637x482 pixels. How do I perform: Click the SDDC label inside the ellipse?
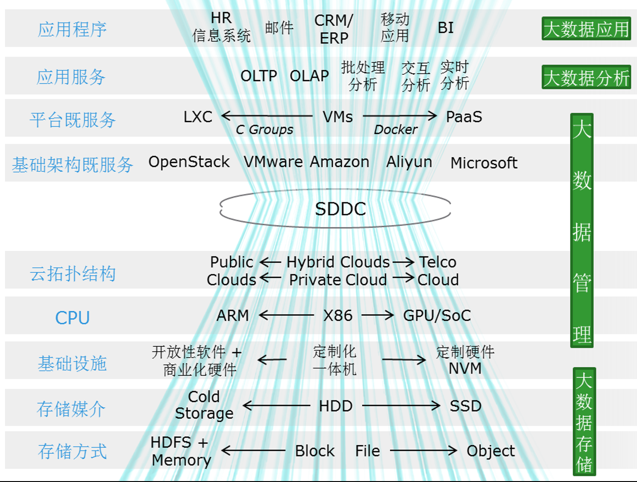pos(340,209)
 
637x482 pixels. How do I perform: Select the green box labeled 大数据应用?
pos(586,29)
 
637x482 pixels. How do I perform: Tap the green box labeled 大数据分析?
pos(586,77)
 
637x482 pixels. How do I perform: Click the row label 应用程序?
pos(72,30)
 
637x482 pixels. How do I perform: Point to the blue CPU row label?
pos(72,318)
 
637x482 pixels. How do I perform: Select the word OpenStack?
pos(189,162)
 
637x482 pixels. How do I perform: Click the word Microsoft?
pos(483,163)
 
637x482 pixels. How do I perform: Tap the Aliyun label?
pos(409,162)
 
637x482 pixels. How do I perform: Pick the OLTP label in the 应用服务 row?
pos(258,76)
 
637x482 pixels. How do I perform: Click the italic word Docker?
pos(395,130)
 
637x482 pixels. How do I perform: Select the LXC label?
pos(198,117)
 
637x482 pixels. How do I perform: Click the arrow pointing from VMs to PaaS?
pos(400,116)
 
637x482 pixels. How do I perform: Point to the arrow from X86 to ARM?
pos(286,315)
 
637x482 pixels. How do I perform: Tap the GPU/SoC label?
pos(437,315)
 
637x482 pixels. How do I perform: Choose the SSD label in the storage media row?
pos(465,405)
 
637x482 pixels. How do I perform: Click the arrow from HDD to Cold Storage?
pos(276,405)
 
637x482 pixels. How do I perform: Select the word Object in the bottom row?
pos(490,451)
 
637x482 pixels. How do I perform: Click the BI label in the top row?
pos(445,28)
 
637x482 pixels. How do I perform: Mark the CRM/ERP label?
pos(334,29)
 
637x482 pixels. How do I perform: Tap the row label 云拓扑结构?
pos(72,274)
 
